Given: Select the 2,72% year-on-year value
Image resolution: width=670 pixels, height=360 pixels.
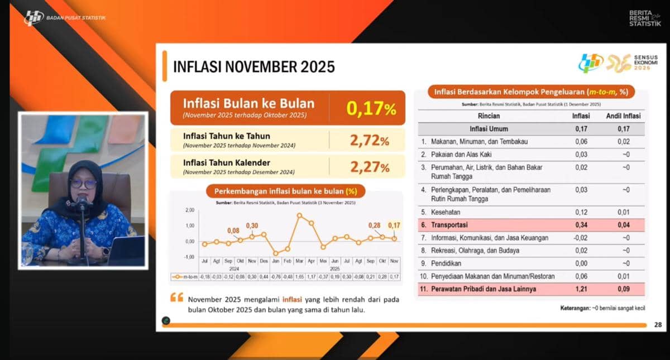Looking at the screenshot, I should pos(369,140).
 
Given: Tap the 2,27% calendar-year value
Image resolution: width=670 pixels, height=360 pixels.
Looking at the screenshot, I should pos(369,166).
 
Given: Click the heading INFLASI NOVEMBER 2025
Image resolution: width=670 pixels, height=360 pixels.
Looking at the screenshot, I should pos(254,67).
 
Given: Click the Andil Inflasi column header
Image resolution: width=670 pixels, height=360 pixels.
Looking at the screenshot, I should pos(623,116).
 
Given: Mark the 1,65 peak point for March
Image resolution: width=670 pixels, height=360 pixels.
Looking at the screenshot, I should pos(300,215).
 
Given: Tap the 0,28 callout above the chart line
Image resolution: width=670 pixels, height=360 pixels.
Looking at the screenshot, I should pos(374,225).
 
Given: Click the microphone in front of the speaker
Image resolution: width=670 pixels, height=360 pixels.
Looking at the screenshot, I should pos(83,203).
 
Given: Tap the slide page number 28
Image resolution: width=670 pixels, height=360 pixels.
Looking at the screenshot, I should pos(657,325).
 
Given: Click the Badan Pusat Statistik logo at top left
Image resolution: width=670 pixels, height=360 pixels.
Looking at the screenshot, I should pos(33,17).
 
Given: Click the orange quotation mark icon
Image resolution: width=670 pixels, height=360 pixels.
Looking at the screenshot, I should pos(176,298).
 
